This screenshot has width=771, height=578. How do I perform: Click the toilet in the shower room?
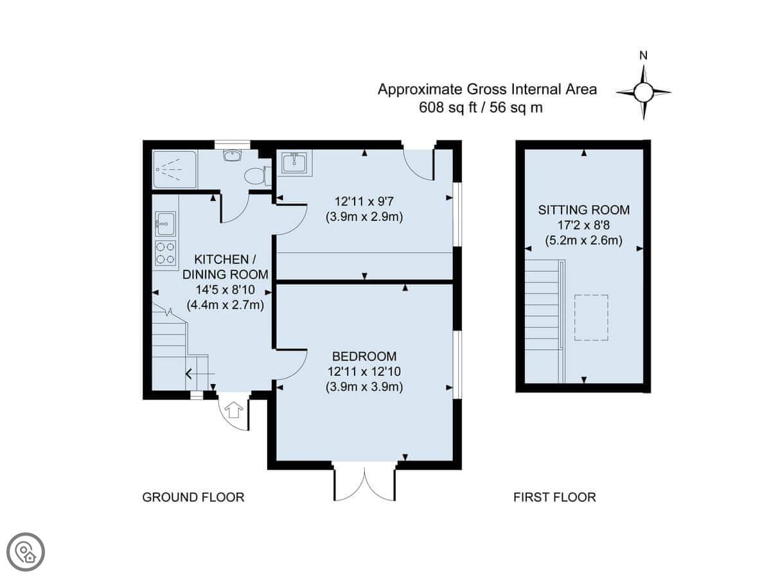click(257, 175)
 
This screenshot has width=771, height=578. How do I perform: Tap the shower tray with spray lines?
click(175, 170)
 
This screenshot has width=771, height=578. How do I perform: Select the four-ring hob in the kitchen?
click(165, 252)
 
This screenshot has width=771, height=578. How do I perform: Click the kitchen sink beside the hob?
click(165, 223)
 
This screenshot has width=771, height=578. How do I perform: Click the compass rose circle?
click(644, 92)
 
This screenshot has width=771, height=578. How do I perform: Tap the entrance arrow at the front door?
click(234, 410)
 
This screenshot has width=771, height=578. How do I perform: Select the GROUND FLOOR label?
click(193, 497)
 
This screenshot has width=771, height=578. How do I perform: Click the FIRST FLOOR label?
click(554, 497)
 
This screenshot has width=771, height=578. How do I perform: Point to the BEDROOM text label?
click(364, 356)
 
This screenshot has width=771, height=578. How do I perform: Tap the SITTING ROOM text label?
click(584, 210)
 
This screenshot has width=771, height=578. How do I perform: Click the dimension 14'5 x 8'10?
click(225, 290)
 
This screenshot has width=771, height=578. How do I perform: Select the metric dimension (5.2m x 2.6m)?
click(584, 241)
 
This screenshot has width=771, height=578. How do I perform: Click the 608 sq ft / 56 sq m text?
click(481, 107)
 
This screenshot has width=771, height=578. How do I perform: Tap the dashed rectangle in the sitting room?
click(592, 318)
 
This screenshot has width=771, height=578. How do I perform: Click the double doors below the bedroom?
click(364, 485)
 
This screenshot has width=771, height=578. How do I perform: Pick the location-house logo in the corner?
click(26, 552)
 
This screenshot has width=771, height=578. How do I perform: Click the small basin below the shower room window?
click(232, 155)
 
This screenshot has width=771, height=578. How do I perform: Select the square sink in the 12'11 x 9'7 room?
click(294, 162)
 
